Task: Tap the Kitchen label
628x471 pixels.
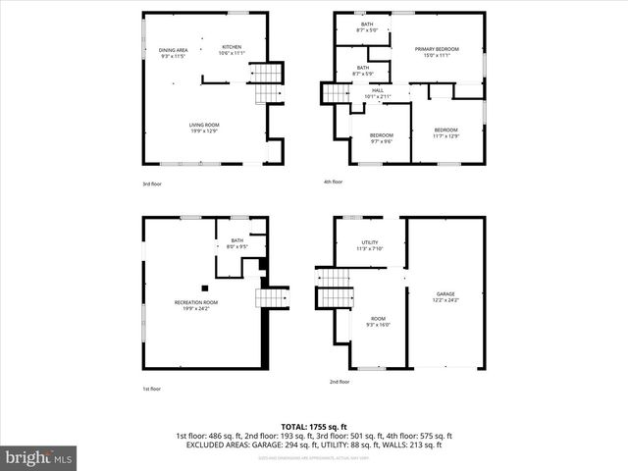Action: (x=232, y=50)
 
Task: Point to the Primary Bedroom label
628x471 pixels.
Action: (x=437, y=52)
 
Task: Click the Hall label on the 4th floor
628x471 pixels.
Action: (x=378, y=93)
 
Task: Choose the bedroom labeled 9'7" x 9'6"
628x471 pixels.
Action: (x=381, y=138)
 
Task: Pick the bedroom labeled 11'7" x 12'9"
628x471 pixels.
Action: (x=446, y=132)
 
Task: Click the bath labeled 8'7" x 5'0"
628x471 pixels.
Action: (x=367, y=27)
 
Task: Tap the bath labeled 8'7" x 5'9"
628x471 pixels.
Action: (x=363, y=71)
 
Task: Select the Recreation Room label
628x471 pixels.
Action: (x=196, y=305)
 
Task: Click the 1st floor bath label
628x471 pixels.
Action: (x=236, y=244)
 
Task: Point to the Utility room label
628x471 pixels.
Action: (x=370, y=245)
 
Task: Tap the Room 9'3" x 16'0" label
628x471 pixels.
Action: (x=378, y=321)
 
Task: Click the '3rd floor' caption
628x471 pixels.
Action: (x=153, y=183)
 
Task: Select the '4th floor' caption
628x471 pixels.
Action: (x=334, y=182)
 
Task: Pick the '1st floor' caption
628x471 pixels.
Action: (x=152, y=390)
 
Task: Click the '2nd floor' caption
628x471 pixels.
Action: (x=340, y=381)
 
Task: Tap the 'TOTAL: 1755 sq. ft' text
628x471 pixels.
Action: (x=314, y=427)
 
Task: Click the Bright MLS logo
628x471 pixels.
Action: (x=39, y=457)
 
